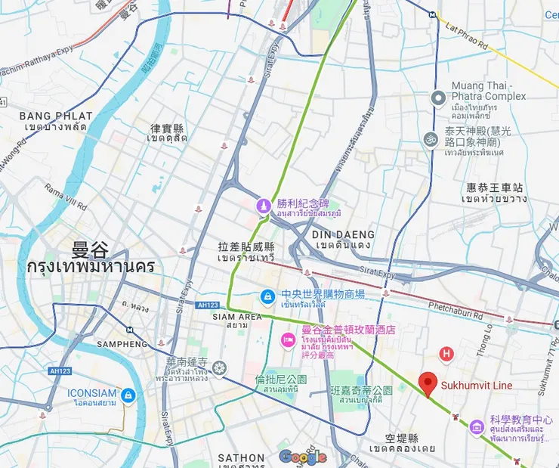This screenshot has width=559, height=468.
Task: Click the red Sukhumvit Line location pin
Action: point(428,384)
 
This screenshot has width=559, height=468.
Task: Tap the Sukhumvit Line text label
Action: point(477,386)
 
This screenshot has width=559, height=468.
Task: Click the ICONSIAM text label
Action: point(92,393)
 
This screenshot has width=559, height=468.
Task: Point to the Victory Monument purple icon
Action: point(262,204)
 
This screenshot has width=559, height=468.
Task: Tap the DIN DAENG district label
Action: point(343,234)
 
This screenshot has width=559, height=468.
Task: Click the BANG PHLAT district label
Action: point(56,116)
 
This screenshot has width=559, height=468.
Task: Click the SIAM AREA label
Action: point(237,316)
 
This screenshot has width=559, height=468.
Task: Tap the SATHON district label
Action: point(241,457)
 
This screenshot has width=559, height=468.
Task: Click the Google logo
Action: point(302,457)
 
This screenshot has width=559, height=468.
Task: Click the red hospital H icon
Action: point(446,352)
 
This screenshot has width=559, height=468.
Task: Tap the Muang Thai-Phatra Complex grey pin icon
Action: point(437,98)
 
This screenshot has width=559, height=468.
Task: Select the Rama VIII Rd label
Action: point(66,198)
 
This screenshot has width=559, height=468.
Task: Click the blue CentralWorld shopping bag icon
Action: point(267,298)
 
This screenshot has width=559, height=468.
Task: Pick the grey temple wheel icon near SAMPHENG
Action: point(219,368)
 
